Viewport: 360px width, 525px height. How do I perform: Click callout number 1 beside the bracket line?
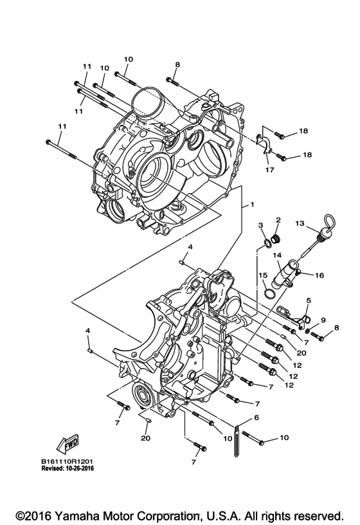(x=253, y=205)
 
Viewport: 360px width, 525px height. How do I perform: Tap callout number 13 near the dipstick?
(x=300, y=223)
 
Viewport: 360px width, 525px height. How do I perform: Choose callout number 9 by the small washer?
(x=323, y=320)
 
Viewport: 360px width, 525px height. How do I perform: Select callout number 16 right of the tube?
(x=319, y=275)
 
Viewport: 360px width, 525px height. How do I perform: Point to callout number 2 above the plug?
(x=278, y=221)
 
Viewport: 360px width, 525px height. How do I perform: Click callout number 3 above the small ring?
(x=261, y=224)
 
